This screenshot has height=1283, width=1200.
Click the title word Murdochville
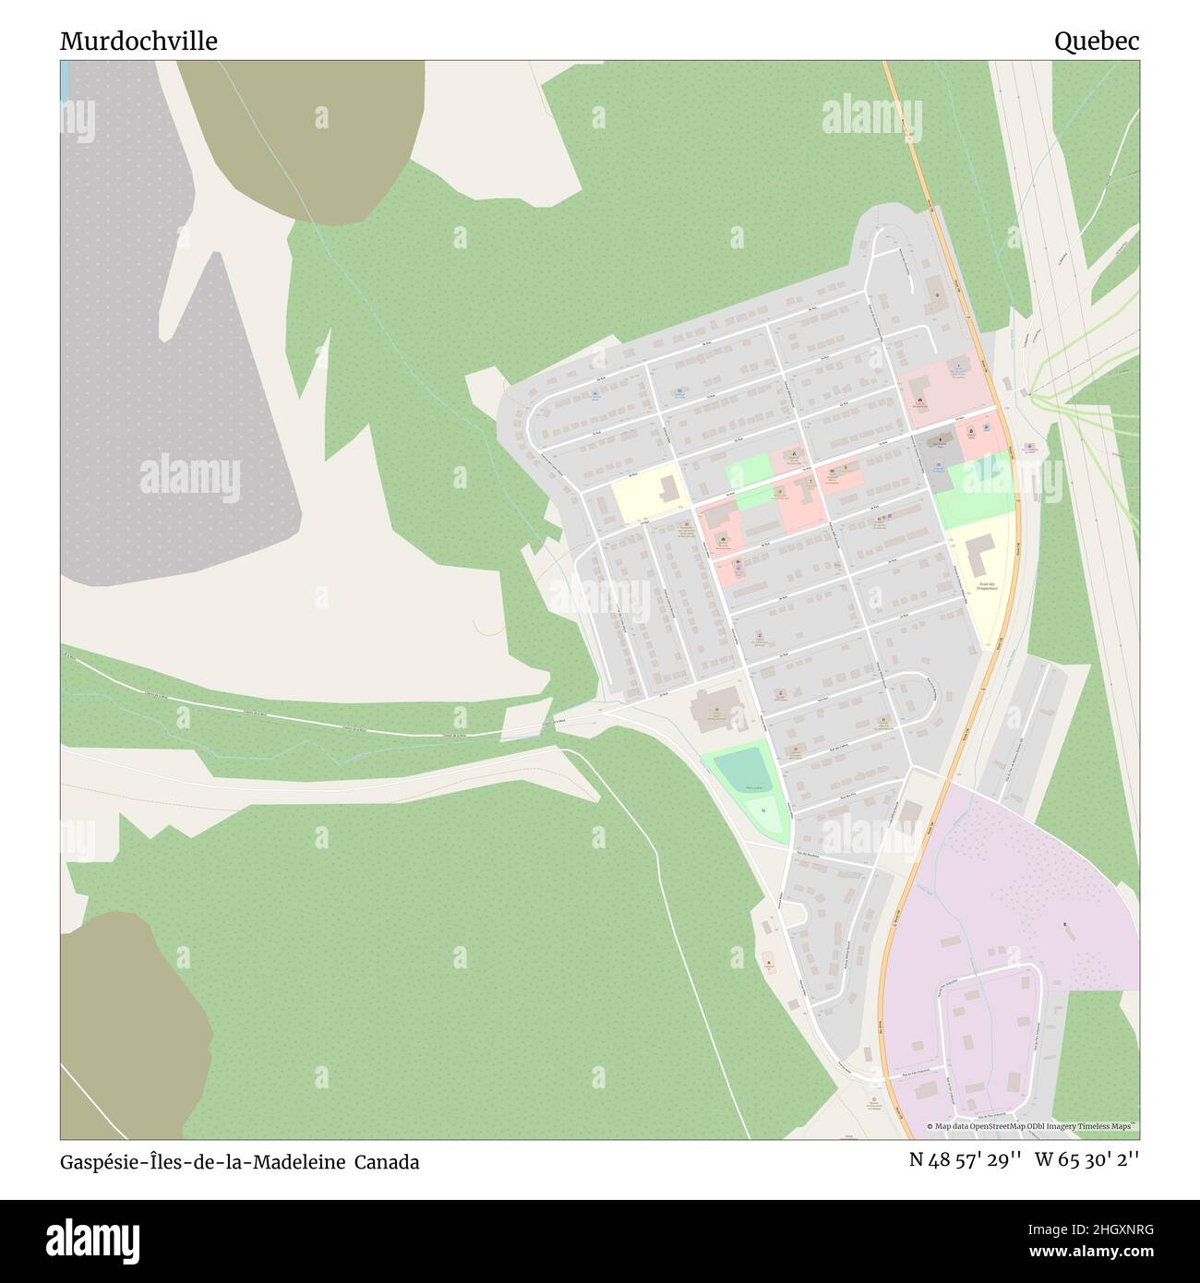139,42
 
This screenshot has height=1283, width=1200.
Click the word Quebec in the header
1097,42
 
